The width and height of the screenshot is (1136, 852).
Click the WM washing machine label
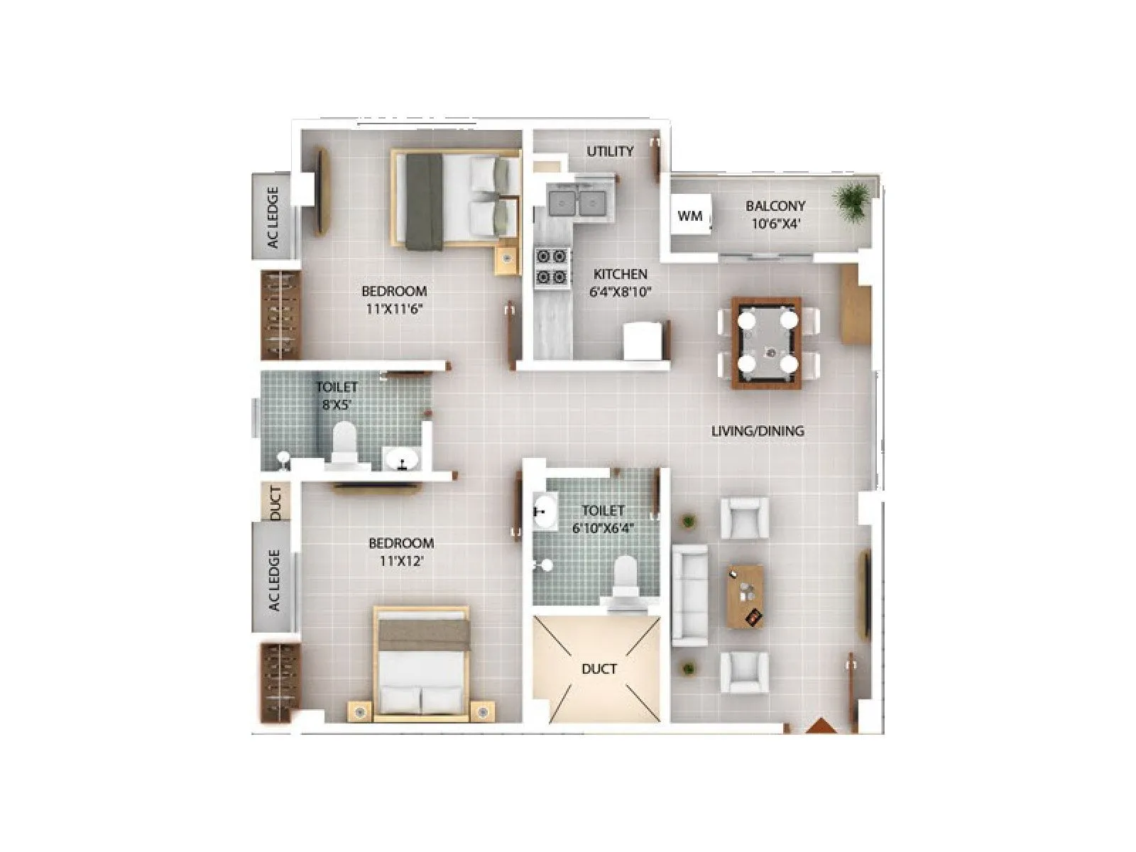[689, 216]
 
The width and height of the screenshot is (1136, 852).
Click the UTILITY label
[610, 151]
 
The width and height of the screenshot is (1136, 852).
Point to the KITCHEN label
[620, 274]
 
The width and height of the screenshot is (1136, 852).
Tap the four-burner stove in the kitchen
[552, 266]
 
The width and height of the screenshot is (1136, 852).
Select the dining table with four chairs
[767, 343]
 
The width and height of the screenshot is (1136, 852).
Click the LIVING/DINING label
[758, 431]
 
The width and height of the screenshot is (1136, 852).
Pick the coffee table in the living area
[745, 596]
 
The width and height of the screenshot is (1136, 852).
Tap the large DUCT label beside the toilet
[599, 669]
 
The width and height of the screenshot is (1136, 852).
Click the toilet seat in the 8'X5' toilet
[344, 443]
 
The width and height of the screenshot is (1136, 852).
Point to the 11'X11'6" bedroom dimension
[394, 309]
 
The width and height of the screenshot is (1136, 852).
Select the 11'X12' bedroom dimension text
[401, 562]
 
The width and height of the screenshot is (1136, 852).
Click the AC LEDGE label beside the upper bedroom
[273, 217]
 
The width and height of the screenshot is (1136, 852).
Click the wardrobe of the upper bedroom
[281, 315]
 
